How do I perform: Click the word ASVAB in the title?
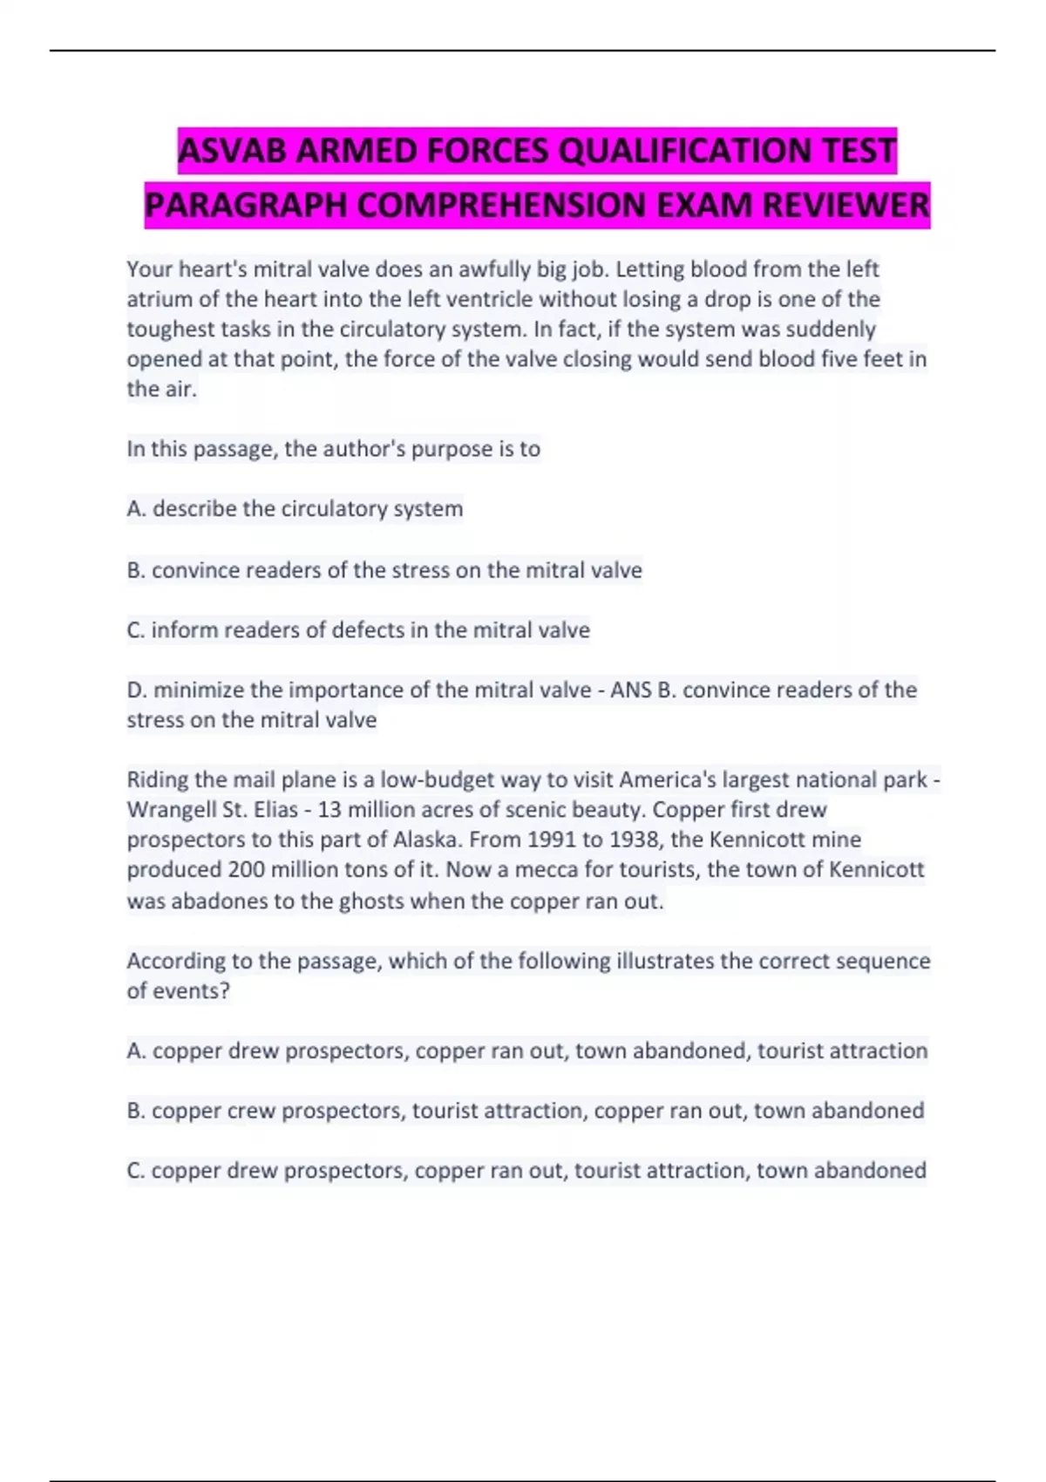click(234, 152)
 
